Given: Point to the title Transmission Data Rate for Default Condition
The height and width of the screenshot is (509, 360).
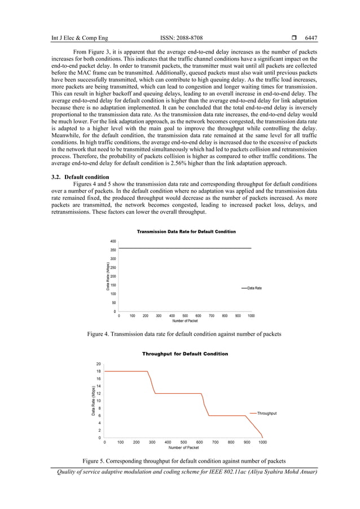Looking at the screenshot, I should click(186, 231).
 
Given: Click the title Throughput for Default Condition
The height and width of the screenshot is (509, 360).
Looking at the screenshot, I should click(185, 354).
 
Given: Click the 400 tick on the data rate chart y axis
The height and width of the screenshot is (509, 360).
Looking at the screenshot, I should click(113, 241).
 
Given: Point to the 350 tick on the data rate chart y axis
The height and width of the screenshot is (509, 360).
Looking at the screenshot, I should click(113, 250).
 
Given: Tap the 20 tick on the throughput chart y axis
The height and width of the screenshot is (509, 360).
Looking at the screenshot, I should click(99, 364).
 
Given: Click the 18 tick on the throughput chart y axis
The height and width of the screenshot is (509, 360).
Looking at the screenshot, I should click(99, 371).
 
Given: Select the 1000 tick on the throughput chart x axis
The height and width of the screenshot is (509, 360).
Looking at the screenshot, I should click(263, 442).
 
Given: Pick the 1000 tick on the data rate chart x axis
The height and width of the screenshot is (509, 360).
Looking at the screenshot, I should click(251, 316).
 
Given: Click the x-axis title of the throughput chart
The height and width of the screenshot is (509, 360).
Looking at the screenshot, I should click(184, 447).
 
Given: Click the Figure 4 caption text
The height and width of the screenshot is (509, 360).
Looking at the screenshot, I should click(184, 335).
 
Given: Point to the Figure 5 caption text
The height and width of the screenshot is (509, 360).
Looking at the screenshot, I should click(184, 461).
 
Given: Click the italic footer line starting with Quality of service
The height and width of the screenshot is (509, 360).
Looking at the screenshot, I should click(184, 472).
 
